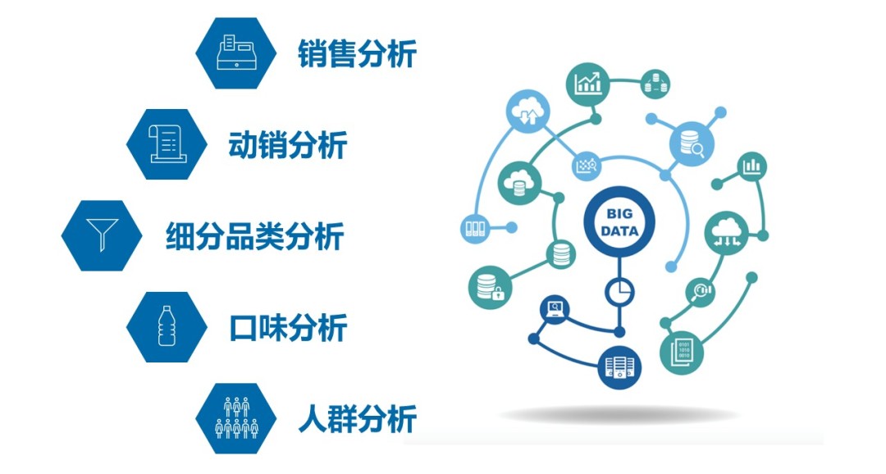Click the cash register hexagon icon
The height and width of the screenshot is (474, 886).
click(236, 53)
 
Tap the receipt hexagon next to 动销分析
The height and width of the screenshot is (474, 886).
click(167, 144)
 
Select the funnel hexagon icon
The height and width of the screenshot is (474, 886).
click(102, 235)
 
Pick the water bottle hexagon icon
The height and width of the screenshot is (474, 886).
click(167, 327)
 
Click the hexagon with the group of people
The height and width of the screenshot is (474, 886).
click(236, 418)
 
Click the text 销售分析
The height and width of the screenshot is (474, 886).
click(358, 53)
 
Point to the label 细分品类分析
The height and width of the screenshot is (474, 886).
click(255, 236)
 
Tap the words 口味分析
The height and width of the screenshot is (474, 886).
click(288, 328)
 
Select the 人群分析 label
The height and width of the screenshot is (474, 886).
click(358, 418)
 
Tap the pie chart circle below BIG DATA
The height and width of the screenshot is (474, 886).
click(620, 292)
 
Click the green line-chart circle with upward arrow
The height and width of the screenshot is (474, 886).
click(588, 84)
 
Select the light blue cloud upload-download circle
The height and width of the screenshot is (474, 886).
click(528, 112)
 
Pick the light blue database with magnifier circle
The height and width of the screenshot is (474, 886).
click(692, 144)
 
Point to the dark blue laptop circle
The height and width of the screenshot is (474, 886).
click(555, 308)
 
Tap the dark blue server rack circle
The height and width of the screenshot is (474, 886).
click(620, 367)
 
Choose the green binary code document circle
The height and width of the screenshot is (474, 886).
click(682, 353)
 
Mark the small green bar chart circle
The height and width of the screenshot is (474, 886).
click(752, 166)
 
